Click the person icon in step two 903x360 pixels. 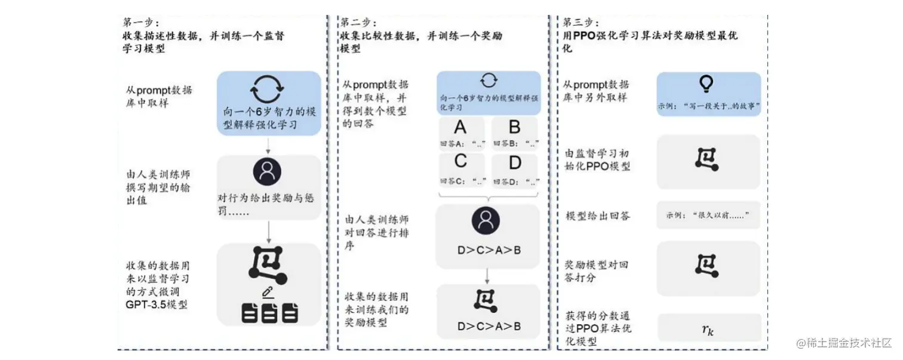click(x=488, y=221)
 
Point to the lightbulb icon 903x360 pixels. click(x=708, y=85)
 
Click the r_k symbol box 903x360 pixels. click(x=708, y=328)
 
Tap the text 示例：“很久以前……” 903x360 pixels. click(x=708, y=216)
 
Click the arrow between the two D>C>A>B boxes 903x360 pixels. click(x=488, y=276)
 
